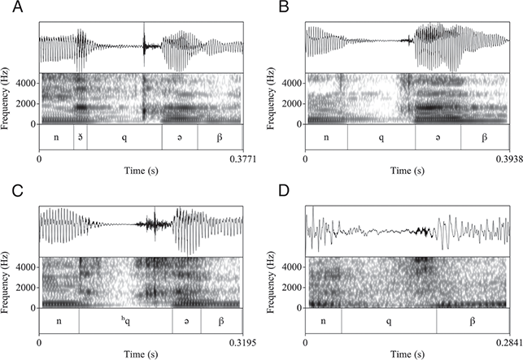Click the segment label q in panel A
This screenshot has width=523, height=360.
coord(124,137)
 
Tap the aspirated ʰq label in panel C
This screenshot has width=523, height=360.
coord(124,321)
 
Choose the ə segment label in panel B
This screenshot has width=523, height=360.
coord(438,137)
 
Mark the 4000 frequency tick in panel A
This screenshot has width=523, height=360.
coord(24,82)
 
